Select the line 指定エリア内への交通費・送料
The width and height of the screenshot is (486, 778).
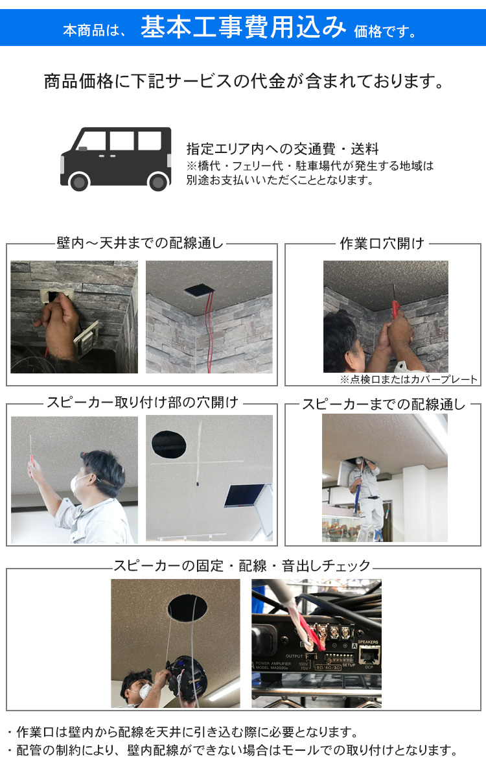(282, 148)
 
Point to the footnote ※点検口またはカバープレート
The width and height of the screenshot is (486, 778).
(409, 380)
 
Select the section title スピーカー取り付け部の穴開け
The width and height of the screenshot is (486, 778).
(142, 403)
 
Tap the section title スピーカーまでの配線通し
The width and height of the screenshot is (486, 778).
(384, 405)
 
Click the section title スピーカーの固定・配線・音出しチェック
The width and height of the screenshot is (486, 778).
(242, 566)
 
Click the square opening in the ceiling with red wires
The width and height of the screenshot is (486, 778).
(200, 290)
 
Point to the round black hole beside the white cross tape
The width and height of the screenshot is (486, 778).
(168, 443)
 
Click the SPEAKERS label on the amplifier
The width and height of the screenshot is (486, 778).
(367, 642)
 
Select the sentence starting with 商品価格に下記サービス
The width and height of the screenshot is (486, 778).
(244, 82)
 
